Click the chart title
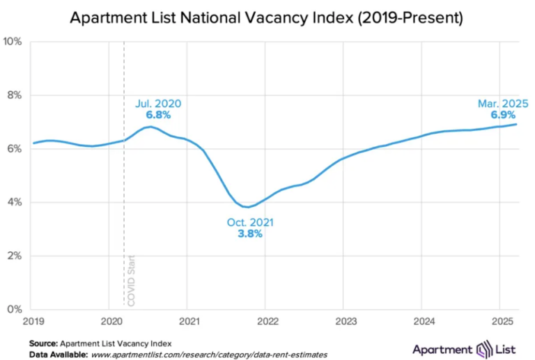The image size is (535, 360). (x=267, y=17)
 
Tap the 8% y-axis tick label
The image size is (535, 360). (x=14, y=95)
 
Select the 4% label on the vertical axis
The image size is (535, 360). (x=14, y=202)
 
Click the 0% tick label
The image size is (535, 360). (x=14, y=309)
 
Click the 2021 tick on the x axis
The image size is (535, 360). (x=187, y=322)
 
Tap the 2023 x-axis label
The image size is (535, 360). (x=343, y=322)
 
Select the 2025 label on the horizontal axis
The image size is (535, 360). (x=499, y=322)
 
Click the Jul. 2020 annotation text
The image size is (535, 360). (x=158, y=104)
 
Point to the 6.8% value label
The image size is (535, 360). (x=158, y=115)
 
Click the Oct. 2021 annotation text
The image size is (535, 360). (x=250, y=223)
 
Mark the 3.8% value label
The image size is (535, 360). (x=250, y=234)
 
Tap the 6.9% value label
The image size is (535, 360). (x=502, y=114)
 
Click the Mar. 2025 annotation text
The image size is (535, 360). (x=502, y=103)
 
